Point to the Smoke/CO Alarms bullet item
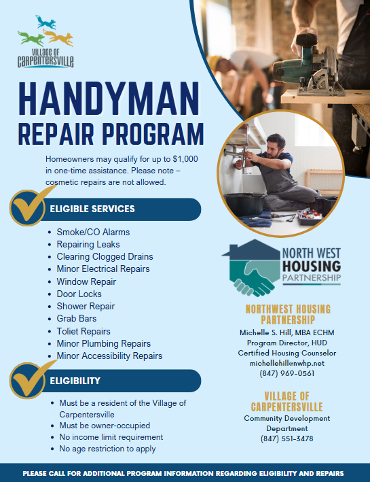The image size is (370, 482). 93,232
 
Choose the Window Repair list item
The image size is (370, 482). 86,281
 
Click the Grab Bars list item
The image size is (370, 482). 77,318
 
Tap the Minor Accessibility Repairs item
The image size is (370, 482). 109,356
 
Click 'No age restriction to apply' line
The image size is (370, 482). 107,449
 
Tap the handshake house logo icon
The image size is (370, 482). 251,268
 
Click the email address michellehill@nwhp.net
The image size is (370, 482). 286,363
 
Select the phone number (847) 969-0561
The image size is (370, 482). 286,373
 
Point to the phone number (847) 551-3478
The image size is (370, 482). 286,438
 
